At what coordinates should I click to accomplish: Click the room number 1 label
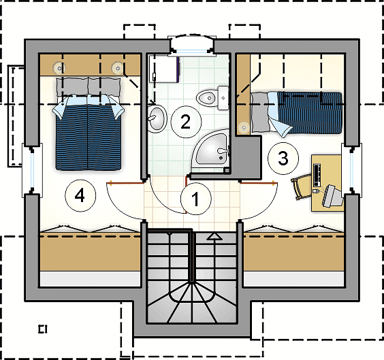pos(195,199)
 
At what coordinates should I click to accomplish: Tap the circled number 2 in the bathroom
pos(186,122)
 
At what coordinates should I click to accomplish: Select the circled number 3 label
pos(283,159)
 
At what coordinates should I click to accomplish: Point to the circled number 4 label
pos(80,196)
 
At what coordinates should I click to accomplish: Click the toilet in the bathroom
pos(212,98)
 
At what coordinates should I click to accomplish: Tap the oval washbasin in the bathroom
pos(157,118)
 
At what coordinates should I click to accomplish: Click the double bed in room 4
pos(88,124)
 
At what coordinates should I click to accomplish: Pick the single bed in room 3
pos(296,113)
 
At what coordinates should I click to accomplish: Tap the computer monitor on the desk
pos(332,196)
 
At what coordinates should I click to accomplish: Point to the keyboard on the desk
pos(317,175)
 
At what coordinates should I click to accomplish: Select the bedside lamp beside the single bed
pos(244,127)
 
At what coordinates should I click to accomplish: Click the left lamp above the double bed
pos(59,68)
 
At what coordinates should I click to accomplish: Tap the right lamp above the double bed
pos(117,68)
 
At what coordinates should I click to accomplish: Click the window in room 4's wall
pos(32,170)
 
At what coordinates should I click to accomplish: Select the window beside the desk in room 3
pos(352,170)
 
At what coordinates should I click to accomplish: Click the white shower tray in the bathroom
pos(163,69)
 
